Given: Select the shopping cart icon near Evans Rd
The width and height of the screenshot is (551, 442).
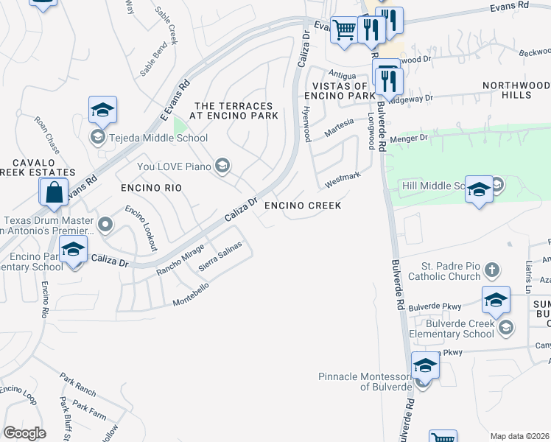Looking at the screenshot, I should [x=343, y=31].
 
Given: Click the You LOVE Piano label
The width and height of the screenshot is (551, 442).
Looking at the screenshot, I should [x=173, y=166].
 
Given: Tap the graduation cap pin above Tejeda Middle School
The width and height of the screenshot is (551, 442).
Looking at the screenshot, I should [x=103, y=110].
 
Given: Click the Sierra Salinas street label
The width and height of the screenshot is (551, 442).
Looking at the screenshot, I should [x=220, y=257].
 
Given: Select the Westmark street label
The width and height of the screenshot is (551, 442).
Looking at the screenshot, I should [x=343, y=179].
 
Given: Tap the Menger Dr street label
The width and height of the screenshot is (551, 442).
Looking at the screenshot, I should [x=413, y=137].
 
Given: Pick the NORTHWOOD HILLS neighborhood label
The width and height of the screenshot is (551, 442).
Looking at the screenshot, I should [x=516, y=91].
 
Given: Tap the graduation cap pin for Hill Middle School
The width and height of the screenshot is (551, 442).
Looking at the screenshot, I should [x=479, y=190].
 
